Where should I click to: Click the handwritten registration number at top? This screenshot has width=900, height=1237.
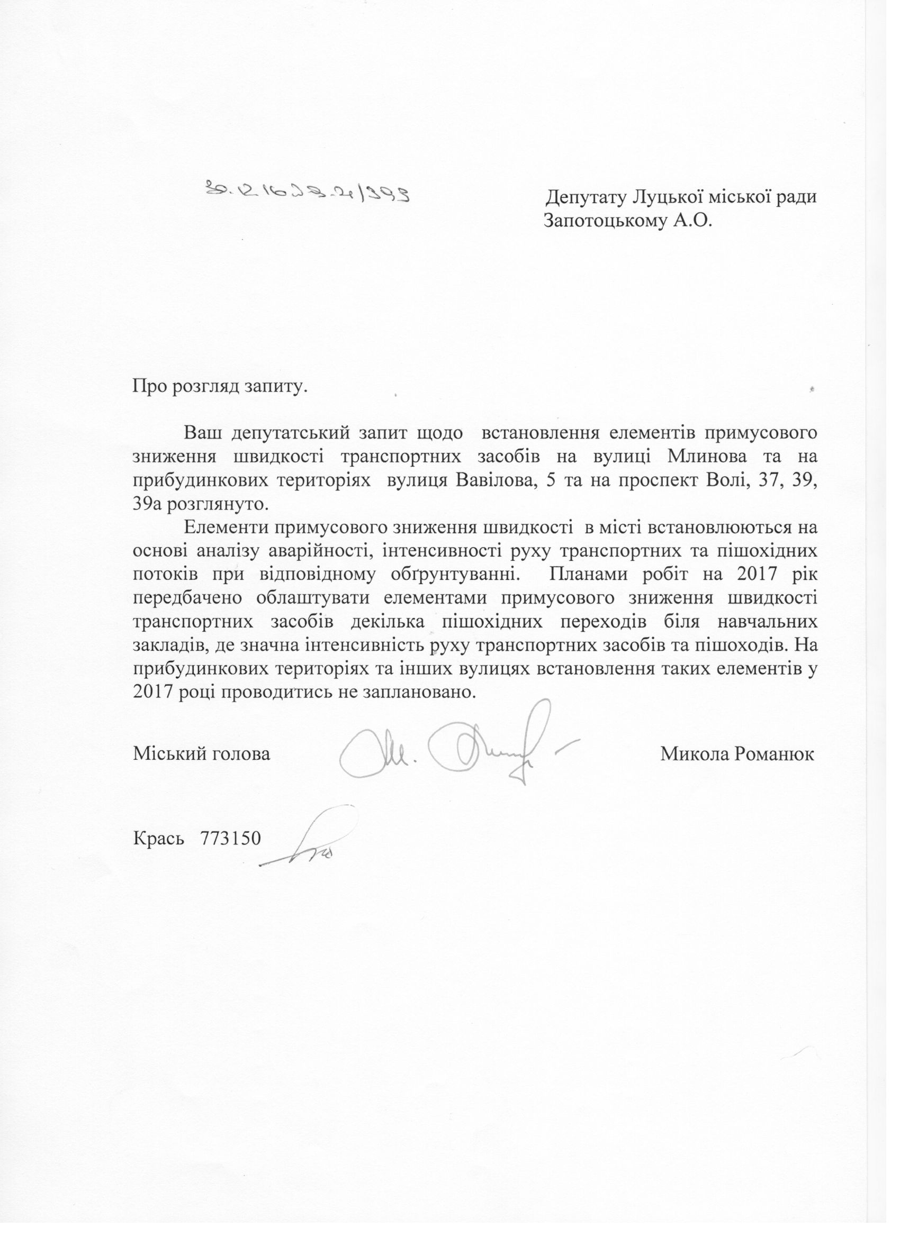coord(308,192)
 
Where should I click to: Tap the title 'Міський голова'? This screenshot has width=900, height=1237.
coord(201,754)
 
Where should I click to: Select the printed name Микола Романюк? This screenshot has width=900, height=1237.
coord(737,754)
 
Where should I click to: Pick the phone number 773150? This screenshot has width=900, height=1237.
coord(231,838)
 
